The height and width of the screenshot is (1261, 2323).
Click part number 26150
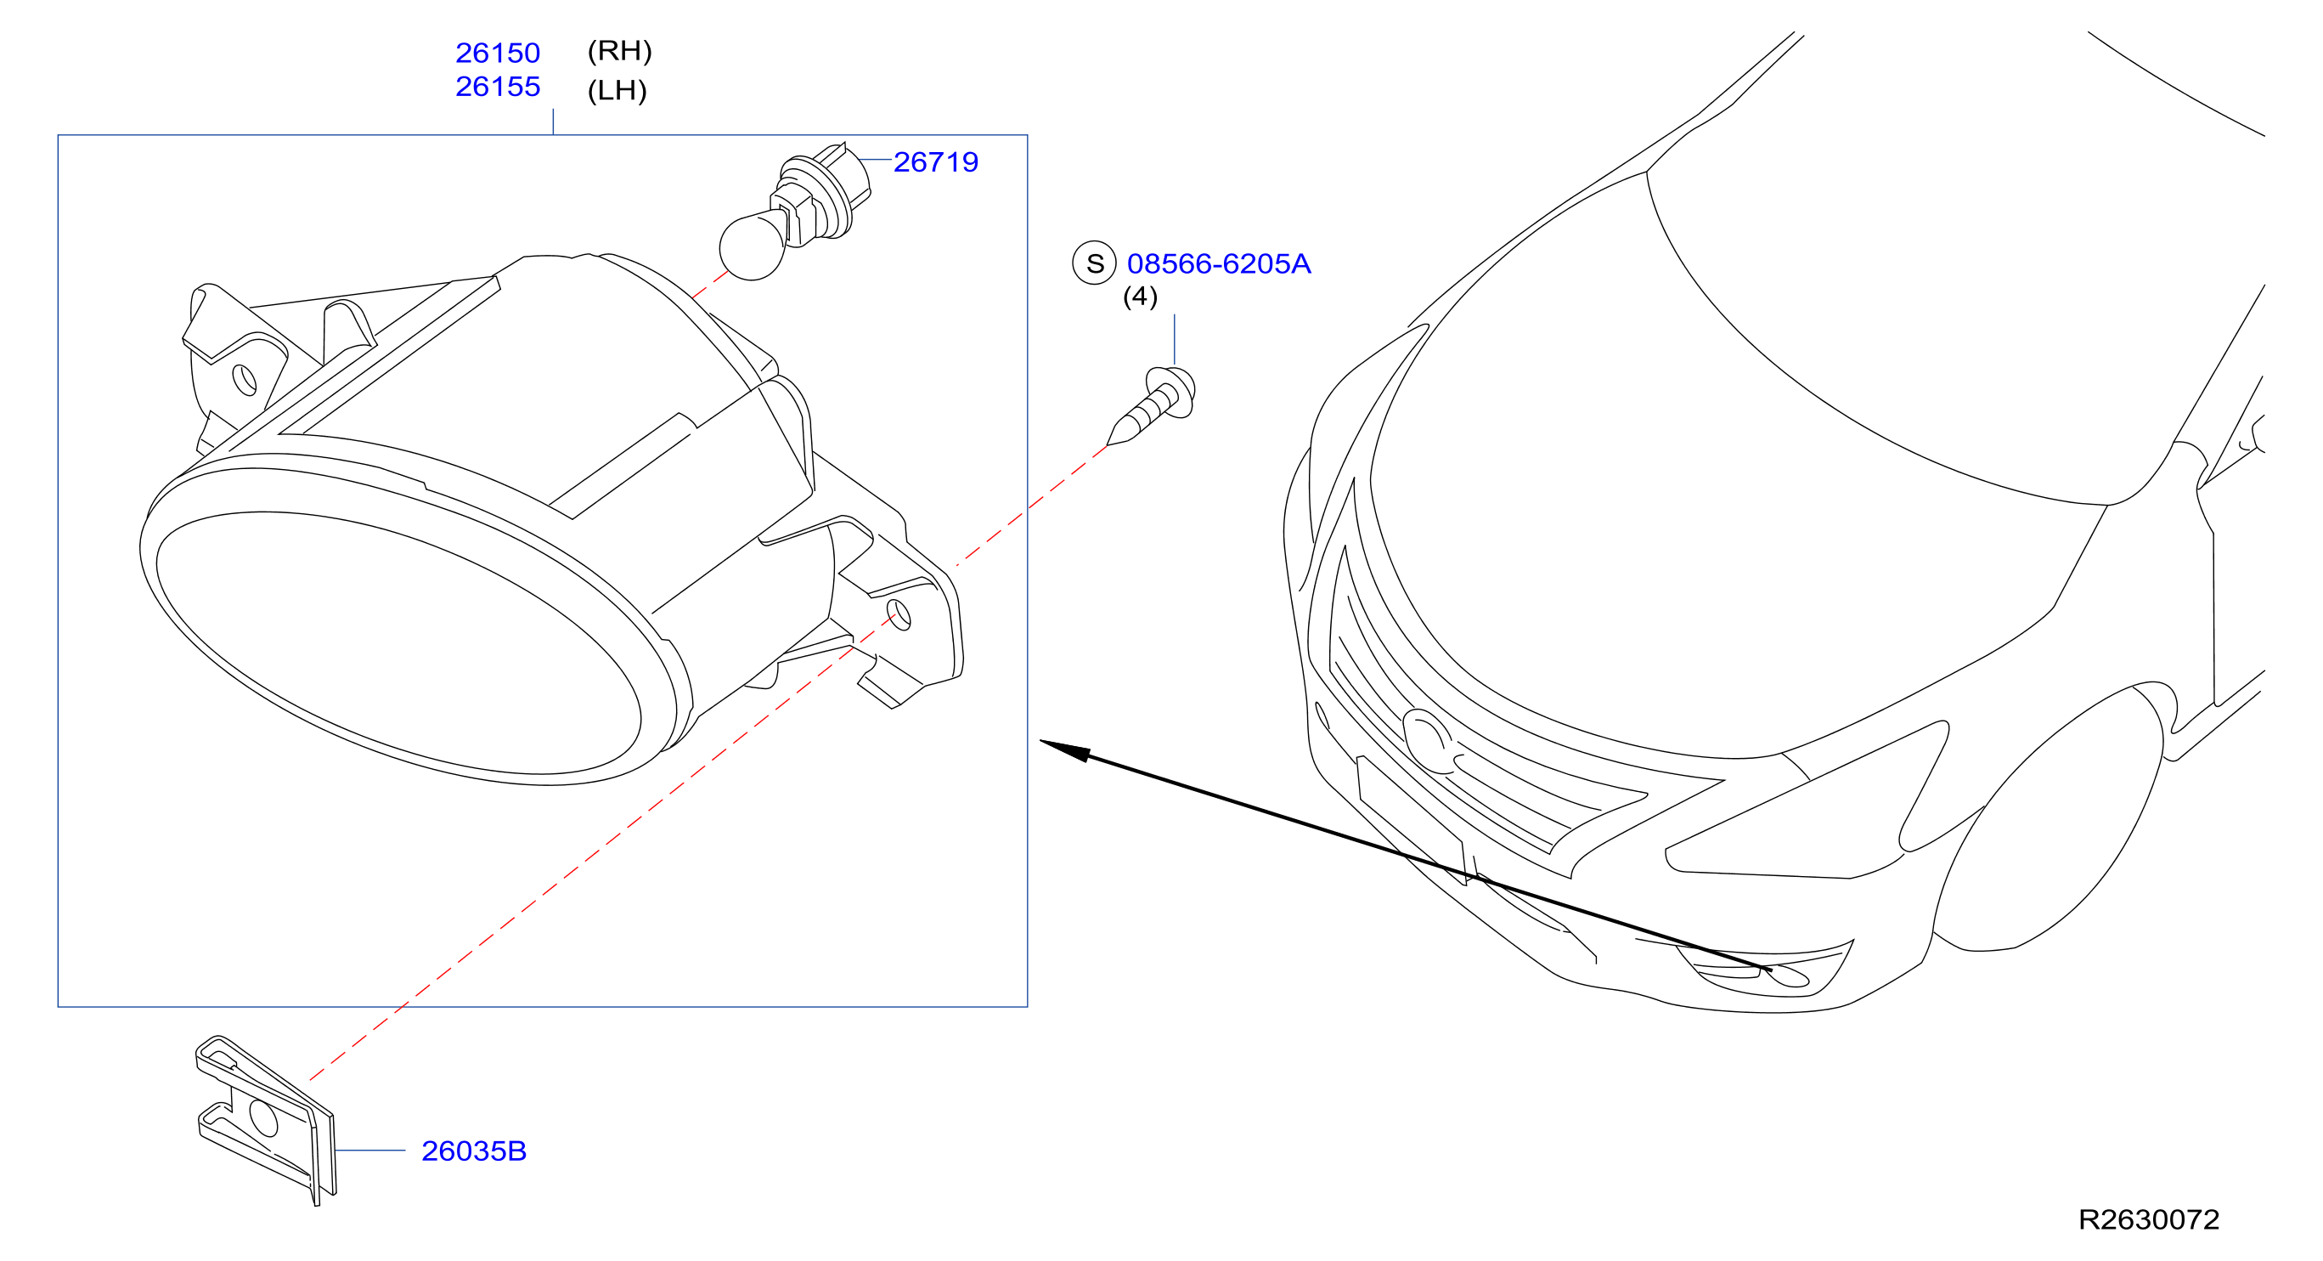(x=498, y=54)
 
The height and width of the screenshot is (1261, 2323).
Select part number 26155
(x=498, y=87)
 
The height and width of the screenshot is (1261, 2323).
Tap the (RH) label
(x=619, y=50)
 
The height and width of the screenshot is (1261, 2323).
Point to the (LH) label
(x=617, y=90)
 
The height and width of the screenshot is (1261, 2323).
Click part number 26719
(x=935, y=161)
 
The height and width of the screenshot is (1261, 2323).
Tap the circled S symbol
(x=1094, y=263)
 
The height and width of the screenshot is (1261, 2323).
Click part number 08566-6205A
(x=1218, y=263)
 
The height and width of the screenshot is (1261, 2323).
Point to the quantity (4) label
(x=1140, y=296)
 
